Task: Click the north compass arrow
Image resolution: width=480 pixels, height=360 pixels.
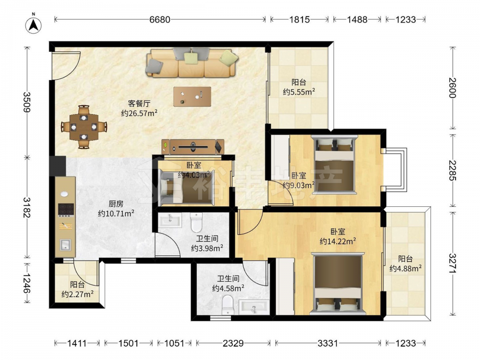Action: coord(34,24)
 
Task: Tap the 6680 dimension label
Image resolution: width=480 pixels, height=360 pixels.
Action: coord(159,20)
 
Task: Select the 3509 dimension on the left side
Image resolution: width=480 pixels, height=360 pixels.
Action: coord(27,102)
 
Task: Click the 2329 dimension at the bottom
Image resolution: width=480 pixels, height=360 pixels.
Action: coord(233,343)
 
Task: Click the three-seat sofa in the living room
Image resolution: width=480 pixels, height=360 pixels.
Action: coord(192,62)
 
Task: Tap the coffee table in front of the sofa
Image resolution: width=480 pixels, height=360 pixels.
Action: coord(192,96)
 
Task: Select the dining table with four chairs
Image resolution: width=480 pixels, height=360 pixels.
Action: coord(84,127)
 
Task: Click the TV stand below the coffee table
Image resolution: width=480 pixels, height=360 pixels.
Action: coord(193,146)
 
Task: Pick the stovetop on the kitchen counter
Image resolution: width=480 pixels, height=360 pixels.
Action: coord(66,209)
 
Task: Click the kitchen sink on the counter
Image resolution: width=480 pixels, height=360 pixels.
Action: coord(65,245)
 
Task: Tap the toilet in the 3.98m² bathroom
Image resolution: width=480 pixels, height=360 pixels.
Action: coord(196,222)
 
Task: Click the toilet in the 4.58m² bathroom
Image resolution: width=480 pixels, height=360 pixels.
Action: coord(228,305)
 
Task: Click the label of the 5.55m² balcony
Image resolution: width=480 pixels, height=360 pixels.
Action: coord(299,87)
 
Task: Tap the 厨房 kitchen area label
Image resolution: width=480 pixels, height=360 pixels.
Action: coord(116,204)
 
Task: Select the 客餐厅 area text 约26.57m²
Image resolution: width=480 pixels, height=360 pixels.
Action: coord(139,113)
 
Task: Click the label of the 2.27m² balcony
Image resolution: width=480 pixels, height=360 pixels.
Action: coord(77,289)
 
